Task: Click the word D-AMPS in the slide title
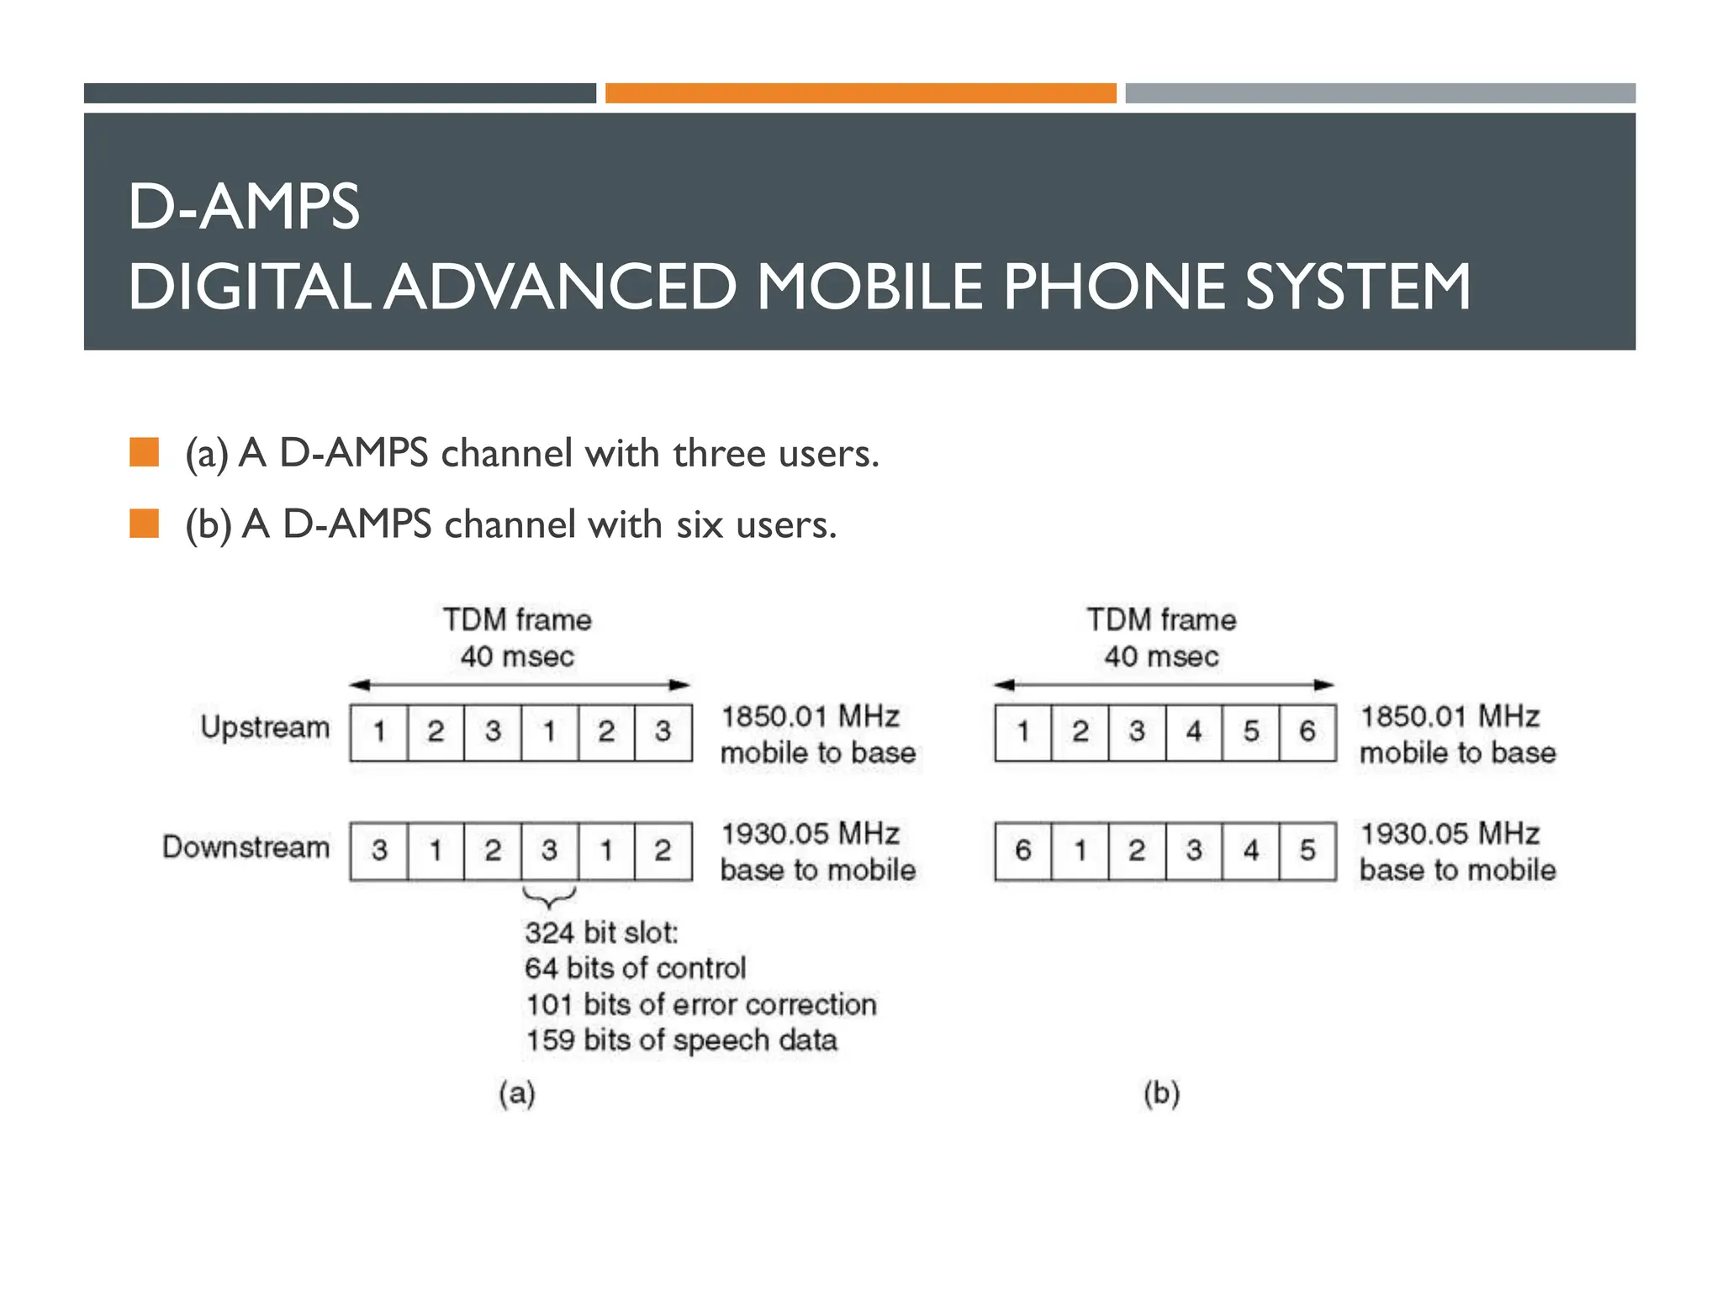pos(244,207)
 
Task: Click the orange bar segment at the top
pos(860,93)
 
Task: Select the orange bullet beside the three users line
pos(145,452)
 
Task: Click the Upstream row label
pos(265,728)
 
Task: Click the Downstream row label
pos(246,847)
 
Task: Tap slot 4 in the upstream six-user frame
pos(1194,732)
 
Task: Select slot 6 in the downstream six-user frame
pos(1022,851)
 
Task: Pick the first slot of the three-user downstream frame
pos(379,851)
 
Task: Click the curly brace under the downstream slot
pos(550,897)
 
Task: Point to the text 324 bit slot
pos(601,933)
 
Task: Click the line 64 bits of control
pos(635,969)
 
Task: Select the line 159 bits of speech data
pos(681,1041)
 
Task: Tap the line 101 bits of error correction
pos(701,1005)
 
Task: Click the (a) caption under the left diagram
pos(517,1093)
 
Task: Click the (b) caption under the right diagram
pos(1162,1093)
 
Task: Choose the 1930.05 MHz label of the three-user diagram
pos(811,834)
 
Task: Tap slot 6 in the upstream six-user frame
pos(1307,732)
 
